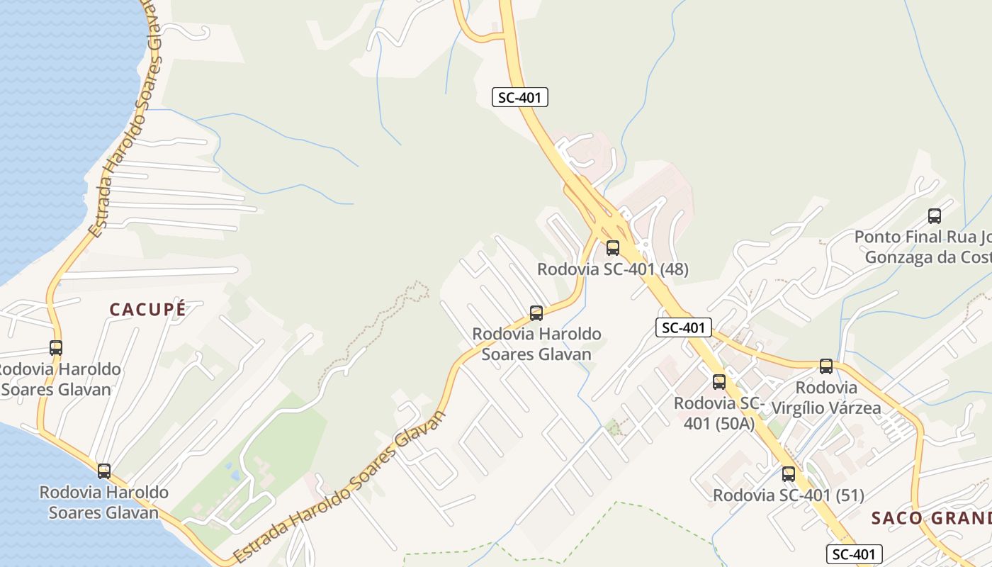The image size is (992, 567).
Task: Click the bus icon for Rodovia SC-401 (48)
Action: pyautogui.click(x=613, y=248)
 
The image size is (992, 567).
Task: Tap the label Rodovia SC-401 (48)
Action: pyautogui.click(x=612, y=269)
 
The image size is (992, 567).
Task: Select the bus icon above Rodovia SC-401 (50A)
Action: pyautogui.click(x=719, y=382)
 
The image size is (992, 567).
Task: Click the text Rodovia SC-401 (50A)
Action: pyautogui.click(x=718, y=413)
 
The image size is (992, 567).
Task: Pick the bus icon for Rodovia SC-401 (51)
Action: pyautogui.click(x=789, y=474)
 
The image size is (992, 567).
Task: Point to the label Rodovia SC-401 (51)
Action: pyautogui.click(x=788, y=495)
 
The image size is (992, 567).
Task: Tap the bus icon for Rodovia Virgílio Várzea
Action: pyautogui.click(x=826, y=366)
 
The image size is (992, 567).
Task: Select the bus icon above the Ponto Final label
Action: pyautogui.click(x=935, y=216)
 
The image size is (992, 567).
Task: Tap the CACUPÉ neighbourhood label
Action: pyautogui.click(x=147, y=309)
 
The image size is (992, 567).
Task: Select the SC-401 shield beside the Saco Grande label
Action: pyautogui.click(x=855, y=554)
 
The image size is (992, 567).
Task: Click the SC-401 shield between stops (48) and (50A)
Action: pyautogui.click(x=683, y=327)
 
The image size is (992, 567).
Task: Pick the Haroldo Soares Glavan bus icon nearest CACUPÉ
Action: pyautogui.click(x=56, y=348)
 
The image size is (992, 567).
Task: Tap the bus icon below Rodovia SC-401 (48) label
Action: pyautogui.click(x=536, y=313)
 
